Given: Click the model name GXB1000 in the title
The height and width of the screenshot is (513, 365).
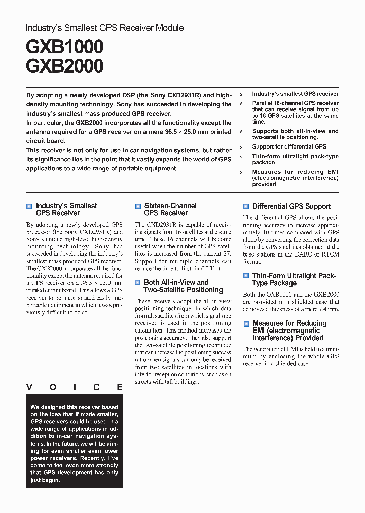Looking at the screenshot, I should tap(64, 47).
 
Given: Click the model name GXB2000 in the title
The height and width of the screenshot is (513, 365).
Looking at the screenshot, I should tap(64, 66).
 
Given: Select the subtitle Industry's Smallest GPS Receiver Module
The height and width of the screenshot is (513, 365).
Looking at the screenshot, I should tap(104, 28).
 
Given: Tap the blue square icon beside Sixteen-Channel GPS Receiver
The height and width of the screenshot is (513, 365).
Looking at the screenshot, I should tap(138, 206).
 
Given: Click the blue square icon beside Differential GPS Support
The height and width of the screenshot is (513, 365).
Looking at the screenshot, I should tap(246, 206).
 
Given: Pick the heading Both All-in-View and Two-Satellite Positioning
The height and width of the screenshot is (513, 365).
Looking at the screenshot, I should tap(183, 286).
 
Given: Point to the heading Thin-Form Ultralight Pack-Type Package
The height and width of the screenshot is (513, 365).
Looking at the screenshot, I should tap(294, 279).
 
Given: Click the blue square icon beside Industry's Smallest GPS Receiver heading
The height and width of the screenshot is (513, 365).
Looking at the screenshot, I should tap(29, 206).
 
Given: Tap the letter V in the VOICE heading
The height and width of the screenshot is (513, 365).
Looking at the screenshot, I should tap(29, 387).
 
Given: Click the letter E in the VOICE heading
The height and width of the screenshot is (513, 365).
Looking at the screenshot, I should tap(119, 387).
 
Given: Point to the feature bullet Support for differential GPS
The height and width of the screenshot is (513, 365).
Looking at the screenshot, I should tap(289, 147).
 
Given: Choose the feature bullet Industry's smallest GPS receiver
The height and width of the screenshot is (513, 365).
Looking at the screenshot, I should tap(295, 94).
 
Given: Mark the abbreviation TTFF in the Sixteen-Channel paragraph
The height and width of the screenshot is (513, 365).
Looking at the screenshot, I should tap(211, 268).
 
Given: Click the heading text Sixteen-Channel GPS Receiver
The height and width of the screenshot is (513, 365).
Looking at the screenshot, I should tap(170, 209).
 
